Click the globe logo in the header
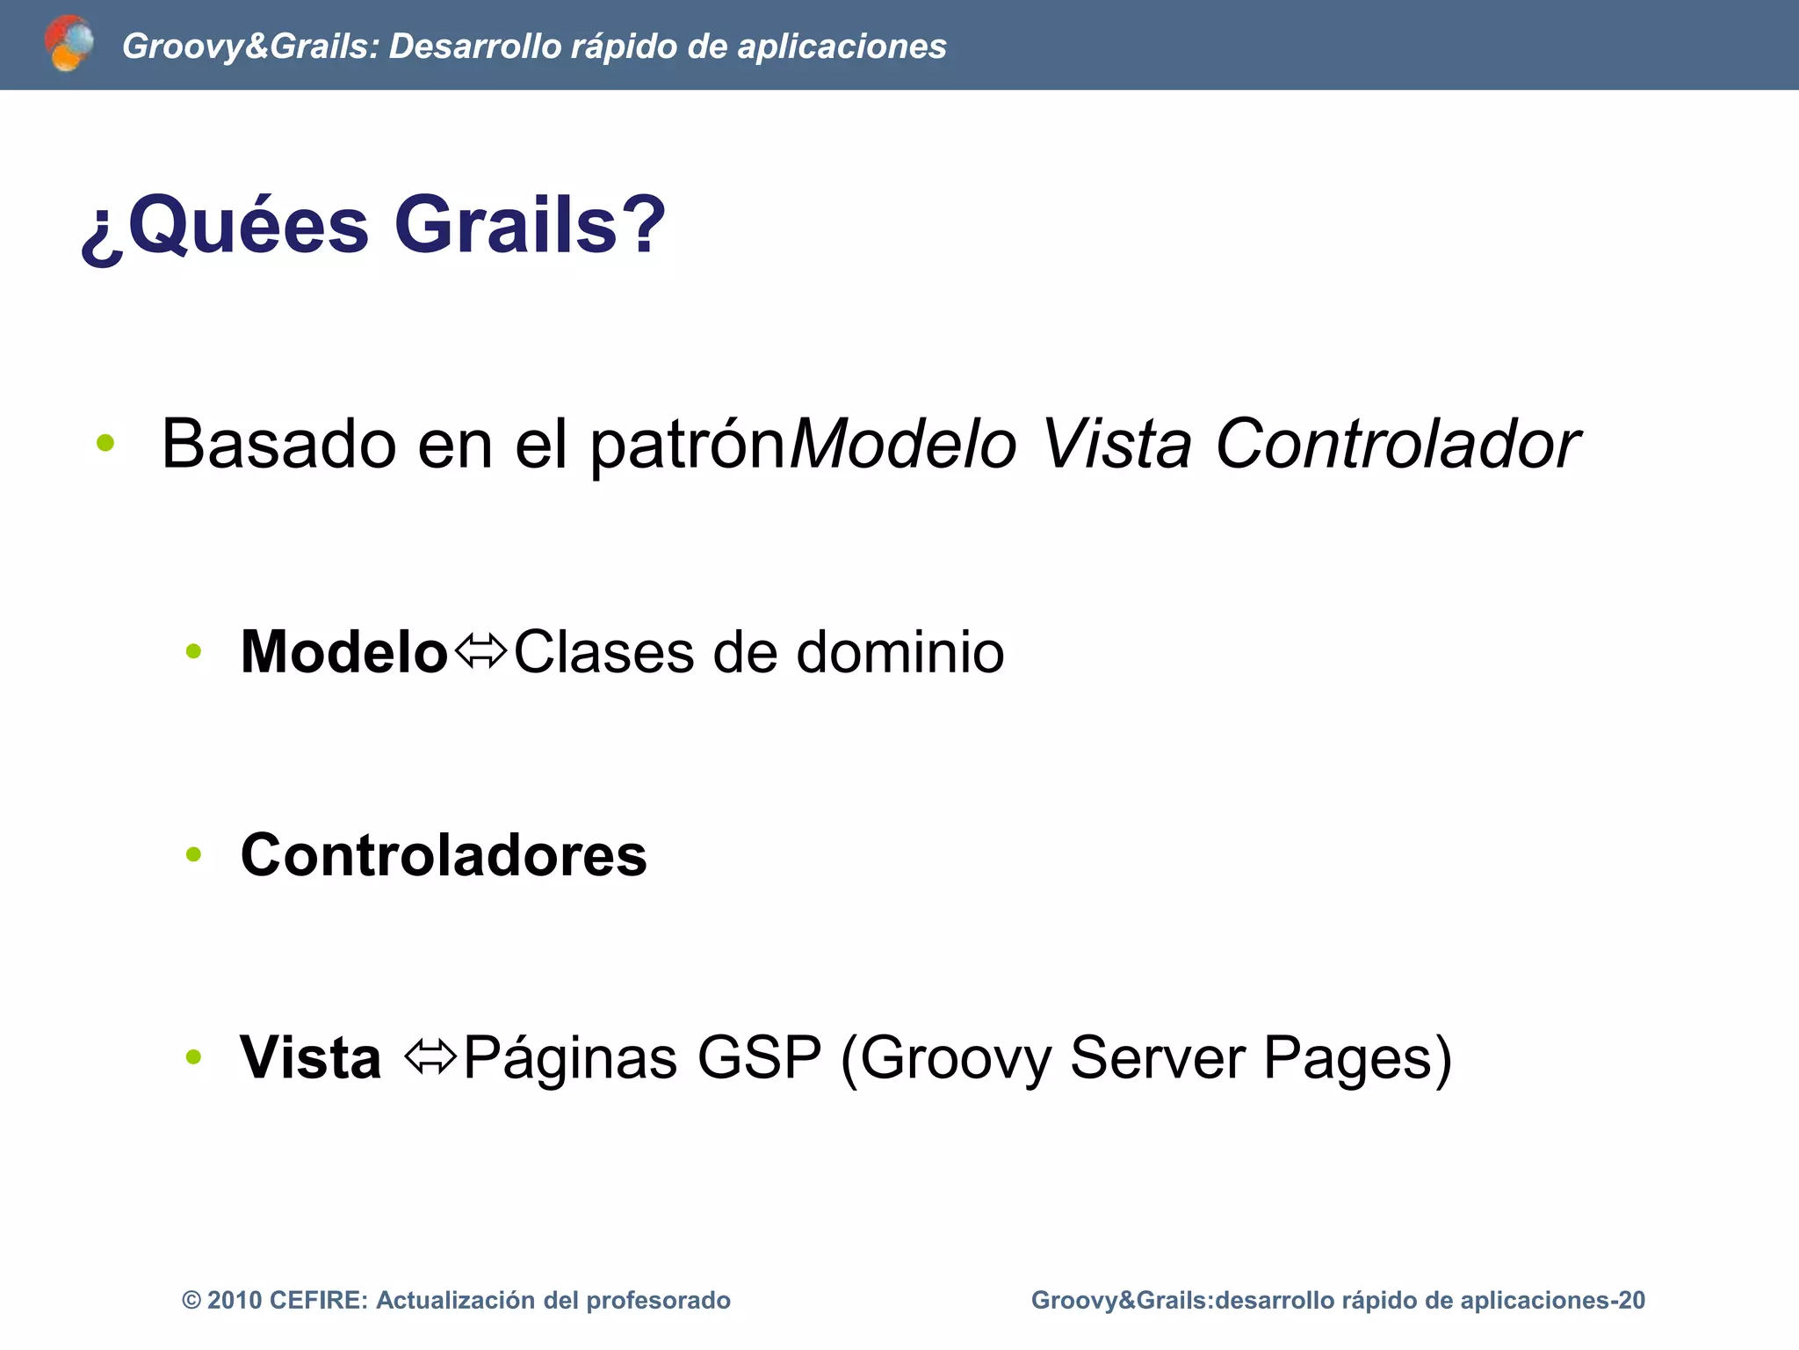(69, 43)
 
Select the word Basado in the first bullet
(278, 444)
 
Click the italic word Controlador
(1397, 444)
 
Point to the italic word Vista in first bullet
(1116, 444)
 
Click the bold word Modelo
(343, 652)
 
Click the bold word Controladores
(444, 854)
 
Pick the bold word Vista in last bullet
(310, 1057)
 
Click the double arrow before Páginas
(430, 1056)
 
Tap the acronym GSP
(759, 1057)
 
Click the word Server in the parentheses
(1157, 1057)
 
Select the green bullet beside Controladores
(194, 854)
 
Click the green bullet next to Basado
(105, 444)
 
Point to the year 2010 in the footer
(235, 1300)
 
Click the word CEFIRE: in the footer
(318, 1300)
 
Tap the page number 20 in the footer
(1631, 1300)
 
